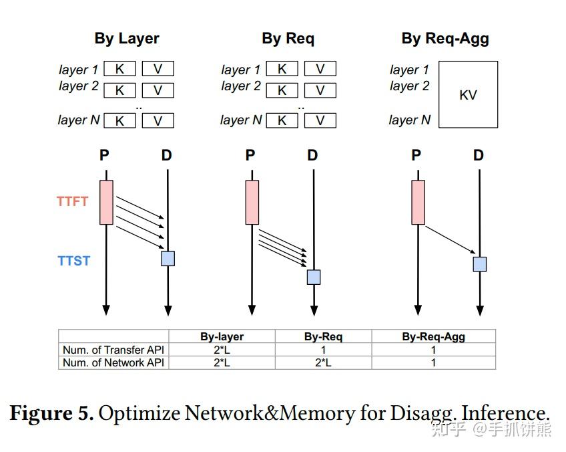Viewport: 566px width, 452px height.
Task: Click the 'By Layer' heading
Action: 127,38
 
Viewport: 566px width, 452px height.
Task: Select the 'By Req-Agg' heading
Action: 445,38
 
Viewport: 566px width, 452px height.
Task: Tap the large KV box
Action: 468,94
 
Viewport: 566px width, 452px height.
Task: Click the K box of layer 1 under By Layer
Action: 120,69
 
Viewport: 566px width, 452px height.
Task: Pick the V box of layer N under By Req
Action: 320,120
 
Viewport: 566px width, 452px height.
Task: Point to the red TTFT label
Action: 72,201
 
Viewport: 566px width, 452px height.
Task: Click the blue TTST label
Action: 73,261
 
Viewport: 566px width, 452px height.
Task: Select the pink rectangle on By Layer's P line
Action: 106,202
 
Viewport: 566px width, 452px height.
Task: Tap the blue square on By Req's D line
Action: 314,277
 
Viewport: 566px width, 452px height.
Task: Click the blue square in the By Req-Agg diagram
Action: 479,263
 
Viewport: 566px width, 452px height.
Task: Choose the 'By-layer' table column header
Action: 222,337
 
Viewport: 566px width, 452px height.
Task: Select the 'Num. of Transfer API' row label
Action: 113,350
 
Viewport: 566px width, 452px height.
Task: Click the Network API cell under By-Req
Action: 323,362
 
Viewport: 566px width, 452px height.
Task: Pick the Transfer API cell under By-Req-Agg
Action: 433,350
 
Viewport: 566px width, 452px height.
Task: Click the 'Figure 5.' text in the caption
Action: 51,413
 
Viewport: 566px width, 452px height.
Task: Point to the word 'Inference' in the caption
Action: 503,413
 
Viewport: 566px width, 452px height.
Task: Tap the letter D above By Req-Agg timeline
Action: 479,156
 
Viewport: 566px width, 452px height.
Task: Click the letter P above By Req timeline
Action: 250,156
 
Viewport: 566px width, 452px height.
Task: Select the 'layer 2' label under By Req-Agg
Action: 409,86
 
